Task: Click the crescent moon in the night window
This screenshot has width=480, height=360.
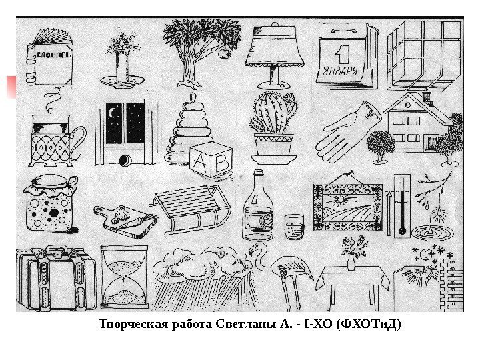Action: [112, 116]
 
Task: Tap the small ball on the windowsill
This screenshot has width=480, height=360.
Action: [123, 160]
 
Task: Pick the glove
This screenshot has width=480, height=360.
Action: [349, 131]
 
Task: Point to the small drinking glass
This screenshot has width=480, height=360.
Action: [294, 227]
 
